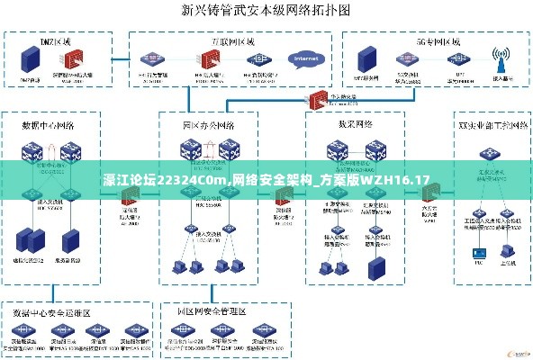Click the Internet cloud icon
pyautogui.click(x=303, y=59)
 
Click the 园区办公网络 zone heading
pyautogui.click(x=208, y=122)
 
